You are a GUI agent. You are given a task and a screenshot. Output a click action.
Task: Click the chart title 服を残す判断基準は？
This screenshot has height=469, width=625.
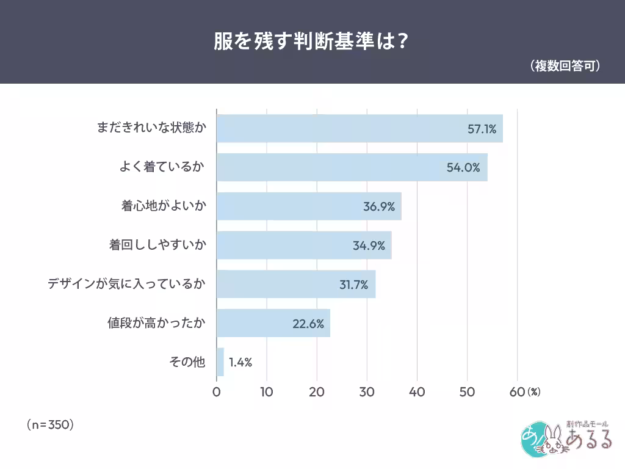311,41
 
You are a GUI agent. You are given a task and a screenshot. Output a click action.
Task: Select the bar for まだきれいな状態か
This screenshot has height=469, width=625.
359,128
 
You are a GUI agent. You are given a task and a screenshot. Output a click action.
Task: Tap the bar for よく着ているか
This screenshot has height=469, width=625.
352,167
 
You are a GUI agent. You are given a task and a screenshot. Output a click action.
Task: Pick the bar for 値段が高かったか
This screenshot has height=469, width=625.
273,323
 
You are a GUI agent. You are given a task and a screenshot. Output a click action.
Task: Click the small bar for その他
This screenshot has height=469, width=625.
220,362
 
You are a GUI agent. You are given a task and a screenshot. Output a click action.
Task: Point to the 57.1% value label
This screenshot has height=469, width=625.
482,129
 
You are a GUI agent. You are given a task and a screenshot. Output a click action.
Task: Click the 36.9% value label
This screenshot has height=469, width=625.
379,206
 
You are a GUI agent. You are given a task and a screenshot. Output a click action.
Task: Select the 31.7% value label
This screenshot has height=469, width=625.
354,285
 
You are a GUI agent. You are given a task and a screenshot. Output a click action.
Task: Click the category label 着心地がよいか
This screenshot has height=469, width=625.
164,206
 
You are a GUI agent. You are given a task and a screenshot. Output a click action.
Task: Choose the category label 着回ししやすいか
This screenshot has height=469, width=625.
157,245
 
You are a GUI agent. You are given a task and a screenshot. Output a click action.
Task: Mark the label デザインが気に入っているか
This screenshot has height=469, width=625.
127,285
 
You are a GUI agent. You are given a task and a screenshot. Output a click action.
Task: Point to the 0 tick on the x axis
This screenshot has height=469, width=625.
217,392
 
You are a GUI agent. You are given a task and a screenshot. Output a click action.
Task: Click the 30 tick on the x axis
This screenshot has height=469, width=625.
367,392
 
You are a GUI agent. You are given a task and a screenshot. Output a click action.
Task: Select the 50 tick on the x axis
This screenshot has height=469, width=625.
467,392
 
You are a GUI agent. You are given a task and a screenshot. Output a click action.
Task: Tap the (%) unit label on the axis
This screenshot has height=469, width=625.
534,392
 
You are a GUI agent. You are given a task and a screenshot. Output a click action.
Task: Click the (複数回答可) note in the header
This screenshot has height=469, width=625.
565,66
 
